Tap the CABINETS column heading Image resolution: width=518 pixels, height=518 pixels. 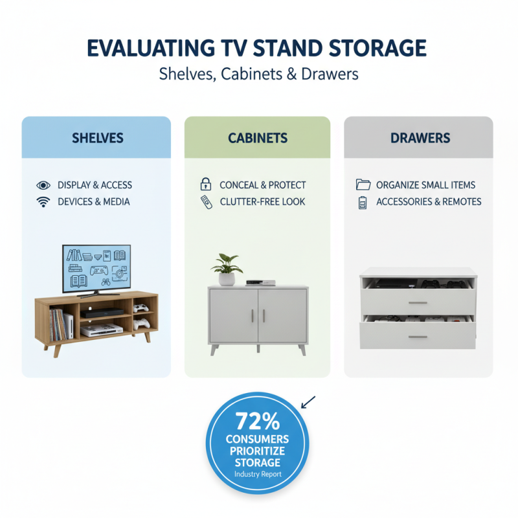click(258, 138)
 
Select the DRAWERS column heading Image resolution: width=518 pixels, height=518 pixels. click(418, 138)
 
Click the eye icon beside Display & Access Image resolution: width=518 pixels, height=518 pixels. click(43, 185)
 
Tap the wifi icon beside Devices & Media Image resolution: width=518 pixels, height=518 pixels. click(43, 202)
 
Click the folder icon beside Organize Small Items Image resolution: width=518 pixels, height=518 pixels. click(363, 185)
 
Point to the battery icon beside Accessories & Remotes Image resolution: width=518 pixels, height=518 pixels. click(363, 202)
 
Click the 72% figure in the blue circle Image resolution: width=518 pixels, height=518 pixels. click(258, 422)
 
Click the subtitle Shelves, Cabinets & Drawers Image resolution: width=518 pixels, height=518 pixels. click(258, 74)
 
